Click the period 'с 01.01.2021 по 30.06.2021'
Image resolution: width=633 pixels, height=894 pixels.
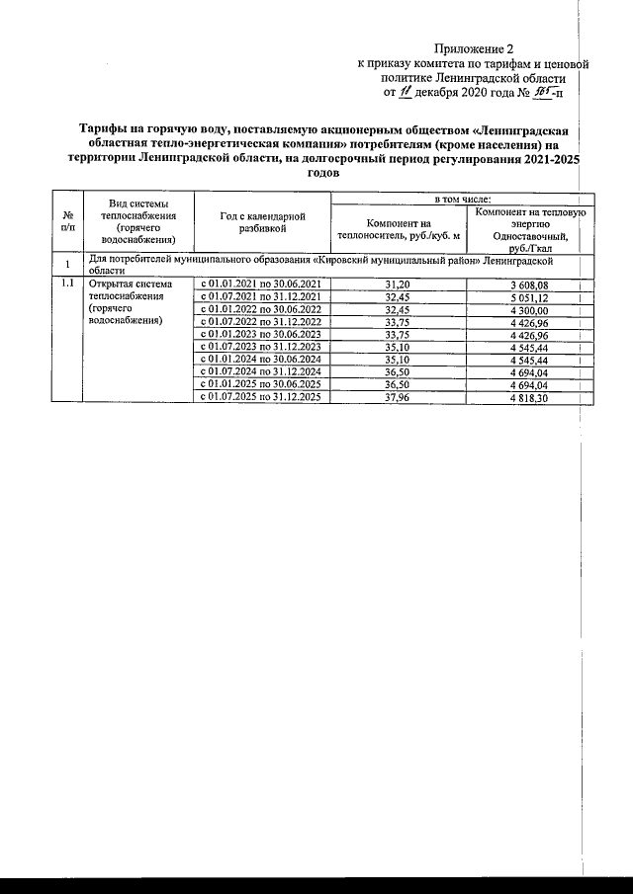tap(261, 284)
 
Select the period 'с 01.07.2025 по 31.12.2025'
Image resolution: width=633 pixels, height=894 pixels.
tap(261, 398)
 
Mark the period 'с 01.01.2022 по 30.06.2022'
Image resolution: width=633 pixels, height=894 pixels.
tap(261, 309)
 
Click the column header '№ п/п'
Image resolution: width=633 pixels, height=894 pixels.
tap(66, 222)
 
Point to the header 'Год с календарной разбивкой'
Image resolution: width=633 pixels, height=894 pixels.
tap(261, 222)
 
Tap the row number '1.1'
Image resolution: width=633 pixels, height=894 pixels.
tap(66, 284)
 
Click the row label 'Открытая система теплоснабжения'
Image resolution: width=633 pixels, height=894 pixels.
tap(131, 290)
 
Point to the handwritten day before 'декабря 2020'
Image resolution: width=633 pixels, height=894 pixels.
tap(404, 93)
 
